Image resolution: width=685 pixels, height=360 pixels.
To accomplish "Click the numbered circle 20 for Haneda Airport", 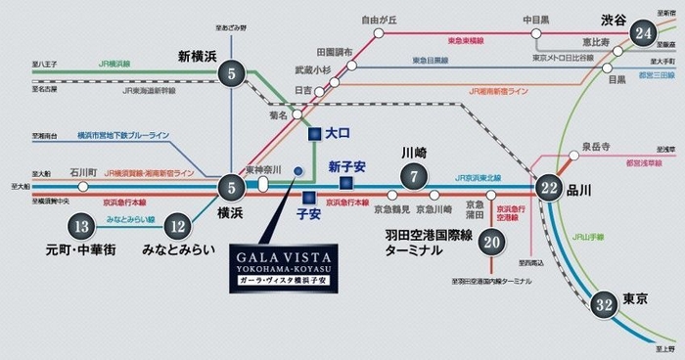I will [492, 243].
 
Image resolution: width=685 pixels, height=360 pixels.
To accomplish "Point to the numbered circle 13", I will [82, 227].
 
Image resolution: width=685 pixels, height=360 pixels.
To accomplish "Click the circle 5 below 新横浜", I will [232, 73].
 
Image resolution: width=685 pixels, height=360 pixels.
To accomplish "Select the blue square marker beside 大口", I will [312, 134].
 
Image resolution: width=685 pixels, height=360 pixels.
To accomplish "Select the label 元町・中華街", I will [81, 249].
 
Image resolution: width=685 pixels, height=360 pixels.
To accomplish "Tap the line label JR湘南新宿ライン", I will [497, 90].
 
